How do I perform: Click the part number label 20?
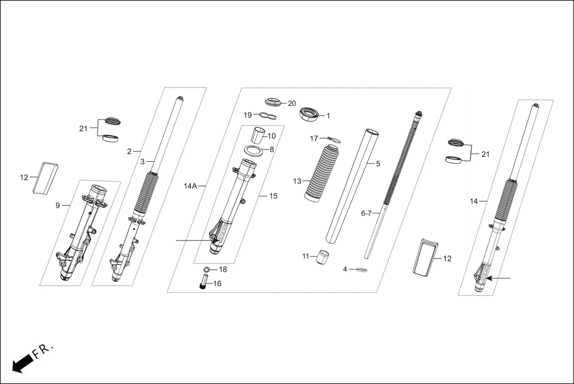click(291, 104)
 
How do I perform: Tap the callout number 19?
click(247, 115)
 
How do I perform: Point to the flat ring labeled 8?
click(254, 149)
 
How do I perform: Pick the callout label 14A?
click(190, 186)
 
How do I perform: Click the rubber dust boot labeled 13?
click(321, 173)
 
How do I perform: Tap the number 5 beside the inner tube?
click(377, 163)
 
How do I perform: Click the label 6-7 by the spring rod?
click(366, 213)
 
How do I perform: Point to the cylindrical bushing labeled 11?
click(323, 258)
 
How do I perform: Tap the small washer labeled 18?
click(205, 270)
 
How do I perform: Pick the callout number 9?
click(58, 205)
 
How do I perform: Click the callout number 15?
click(273, 196)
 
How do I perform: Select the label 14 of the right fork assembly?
click(473, 201)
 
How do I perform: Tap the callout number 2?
click(129, 151)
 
